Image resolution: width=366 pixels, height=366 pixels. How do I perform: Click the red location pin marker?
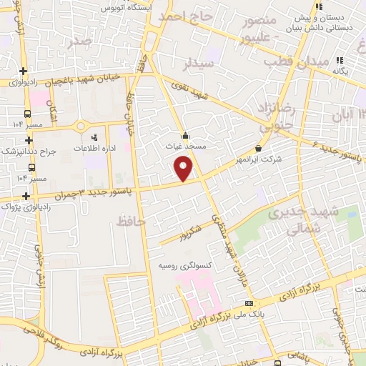[184, 167]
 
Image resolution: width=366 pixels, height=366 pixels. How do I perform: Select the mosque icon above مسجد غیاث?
[185, 134]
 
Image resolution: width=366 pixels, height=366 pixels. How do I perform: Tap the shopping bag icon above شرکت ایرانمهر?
[257, 149]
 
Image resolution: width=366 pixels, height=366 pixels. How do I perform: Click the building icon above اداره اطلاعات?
[94, 136]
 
